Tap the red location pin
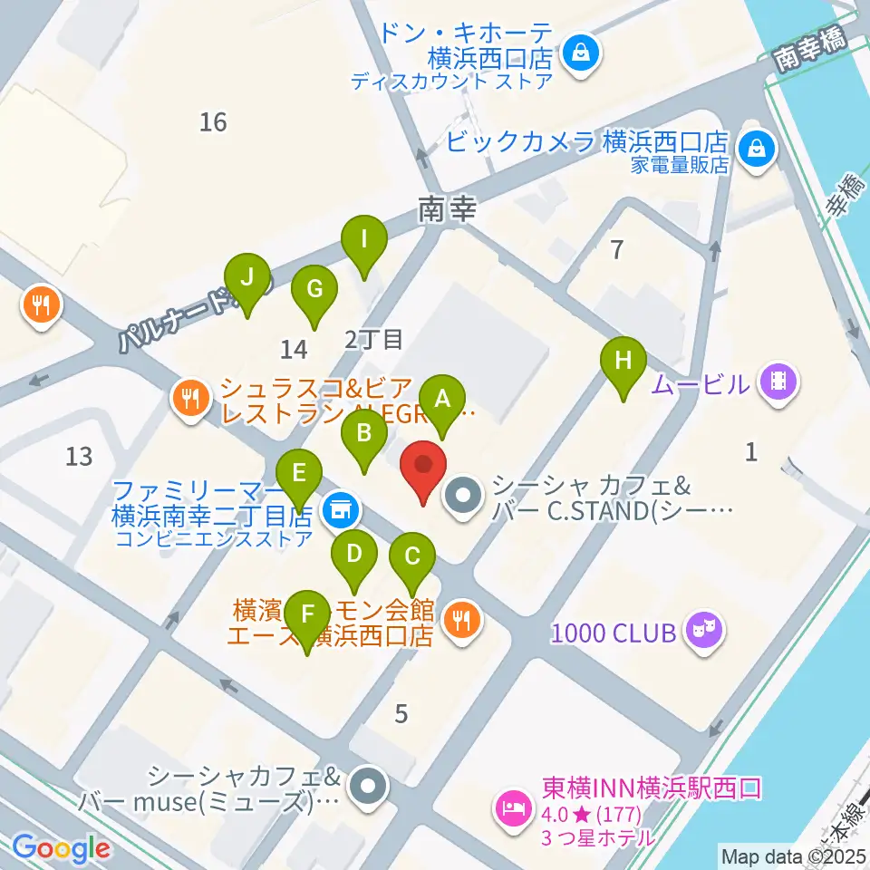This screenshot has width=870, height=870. (x=423, y=469)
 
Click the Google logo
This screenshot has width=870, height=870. (x=61, y=847)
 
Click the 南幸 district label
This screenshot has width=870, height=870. (x=447, y=210)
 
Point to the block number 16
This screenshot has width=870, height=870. (x=213, y=121)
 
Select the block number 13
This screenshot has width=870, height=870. (x=80, y=455)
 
